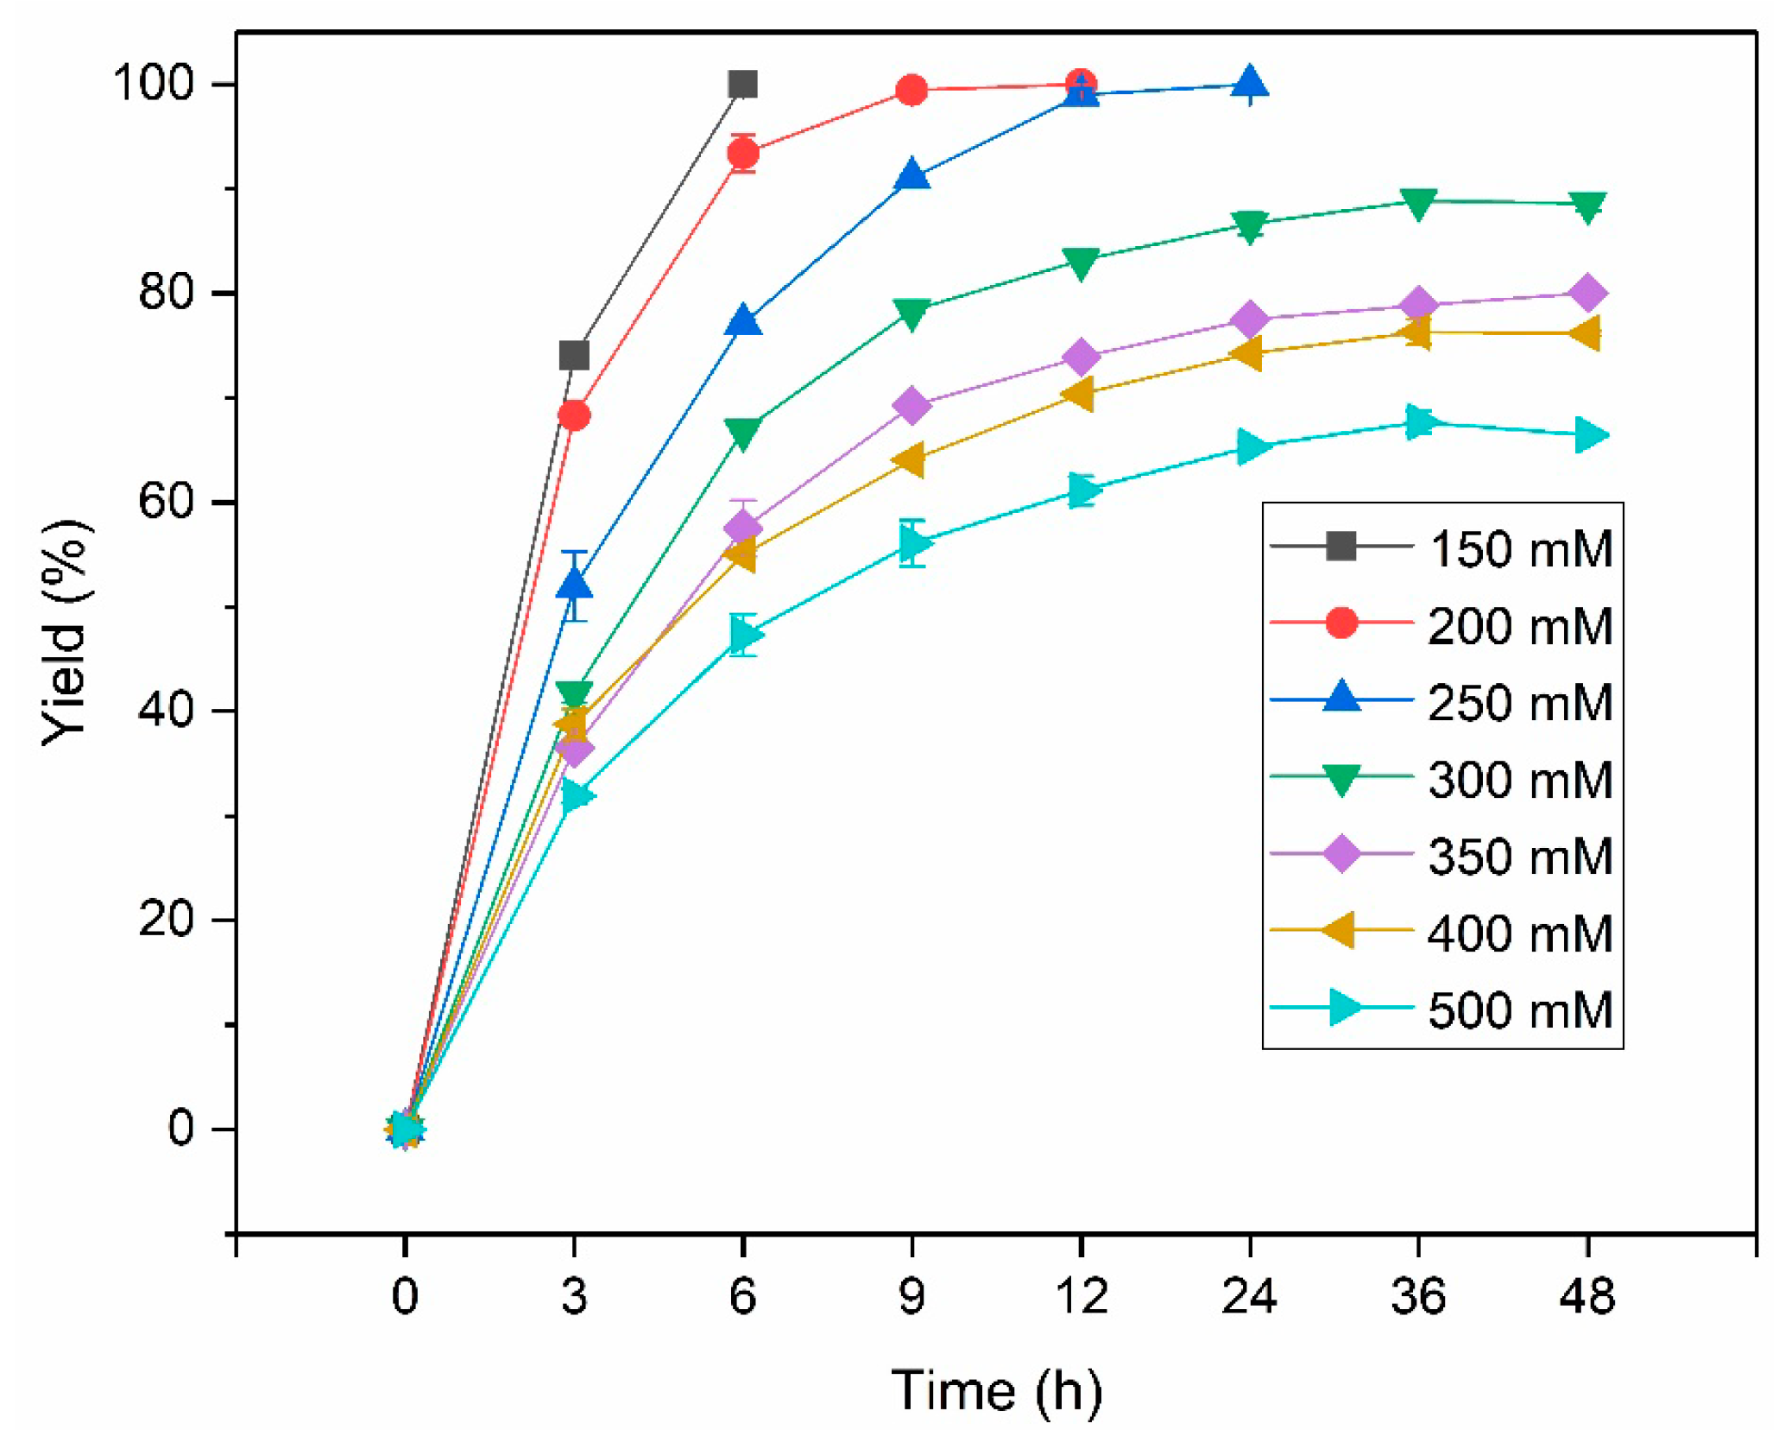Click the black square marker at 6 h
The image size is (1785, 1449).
tap(742, 85)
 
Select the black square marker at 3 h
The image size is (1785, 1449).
tap(574, 355)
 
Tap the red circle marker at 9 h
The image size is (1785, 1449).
tap(911, 90)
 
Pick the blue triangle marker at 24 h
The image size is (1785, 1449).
tap(1249, 84)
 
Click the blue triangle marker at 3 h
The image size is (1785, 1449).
tap(574, 585)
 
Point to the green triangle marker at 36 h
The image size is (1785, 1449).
tap(1418, 203)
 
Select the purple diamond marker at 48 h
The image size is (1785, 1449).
tap(1586, 294)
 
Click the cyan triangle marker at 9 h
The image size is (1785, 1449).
tap(913, 543)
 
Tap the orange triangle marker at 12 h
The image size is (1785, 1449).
tap(1079, 394)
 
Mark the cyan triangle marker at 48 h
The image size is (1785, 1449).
tap(1589, 435)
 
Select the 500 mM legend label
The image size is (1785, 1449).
tap(1520, 1010)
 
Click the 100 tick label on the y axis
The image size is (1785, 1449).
tap(154, 84)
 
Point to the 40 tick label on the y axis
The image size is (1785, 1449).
tap(166, 710)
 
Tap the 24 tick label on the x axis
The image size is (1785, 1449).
tap(1249, 1296)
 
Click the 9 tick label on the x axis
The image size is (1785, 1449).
tap(911, 1296)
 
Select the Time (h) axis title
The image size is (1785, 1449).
tap(996, 1390)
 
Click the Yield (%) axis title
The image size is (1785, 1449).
tap(66, 633)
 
